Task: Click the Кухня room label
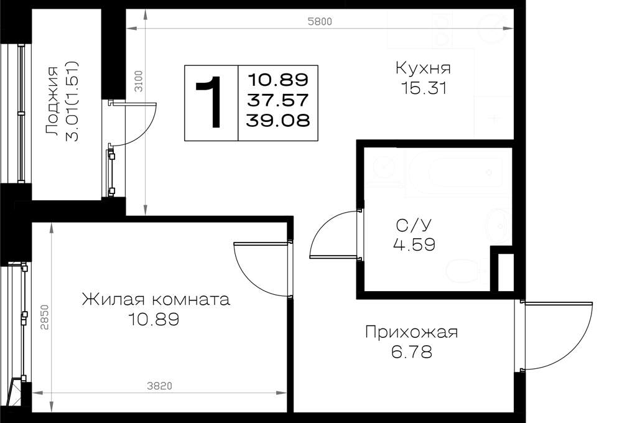click(x=423, y=68)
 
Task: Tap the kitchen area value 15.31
click(x=424, y=88)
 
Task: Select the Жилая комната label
click(x=156, y=299)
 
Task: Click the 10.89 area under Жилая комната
click(x=154, y=318)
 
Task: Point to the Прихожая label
click(x=411, y=332)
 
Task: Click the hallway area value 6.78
click(x=411, y=351)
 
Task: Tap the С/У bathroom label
click(x=414, y=225)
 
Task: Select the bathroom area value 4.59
click(x=414, y=244)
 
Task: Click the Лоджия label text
click(x=52, y=101)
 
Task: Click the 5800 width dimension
click(x=320, y=21)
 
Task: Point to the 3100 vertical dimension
click(x=139, y=81)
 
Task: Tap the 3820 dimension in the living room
click(x=159, y=386)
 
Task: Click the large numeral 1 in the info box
click(x=210, y=103)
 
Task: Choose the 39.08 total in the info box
click(x=277, y=120)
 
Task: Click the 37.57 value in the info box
click(x=277, y=100)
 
